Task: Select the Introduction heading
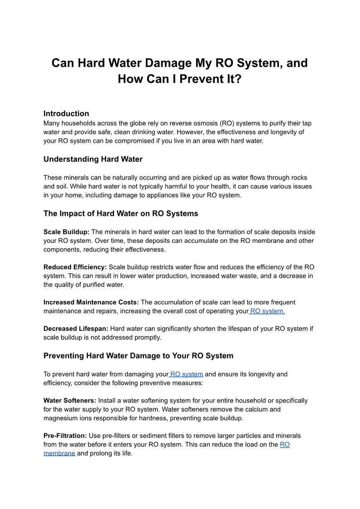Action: [x=66, y=113]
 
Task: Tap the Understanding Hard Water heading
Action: [x=93, y=159]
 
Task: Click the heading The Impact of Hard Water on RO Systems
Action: [x=120, y=213]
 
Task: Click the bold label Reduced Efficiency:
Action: [x=75, y=267]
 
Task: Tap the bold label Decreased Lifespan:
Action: [x=76, y=329]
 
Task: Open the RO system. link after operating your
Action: [x=267, y=311]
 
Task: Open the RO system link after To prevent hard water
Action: [x=187, y=374]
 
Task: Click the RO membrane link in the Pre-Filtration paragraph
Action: [x=59, y=453]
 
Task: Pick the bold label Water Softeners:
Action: [x=70, y=401]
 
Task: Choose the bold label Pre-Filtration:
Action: [x=65, y=436]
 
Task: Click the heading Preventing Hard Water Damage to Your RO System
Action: [x=139, y=356]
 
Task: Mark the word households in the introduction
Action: [x=77, y=123]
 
